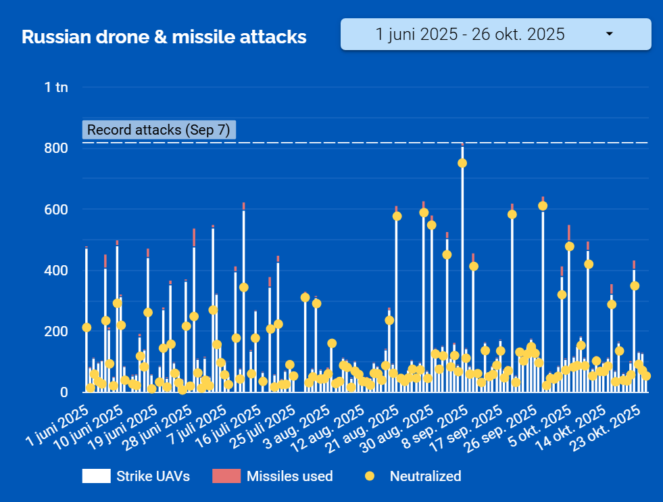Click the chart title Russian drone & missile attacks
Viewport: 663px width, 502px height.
point(164,37)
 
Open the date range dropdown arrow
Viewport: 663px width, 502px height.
point(609,34)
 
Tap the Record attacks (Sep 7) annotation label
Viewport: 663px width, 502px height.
point(159,130)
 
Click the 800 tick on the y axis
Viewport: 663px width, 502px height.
point(55,148)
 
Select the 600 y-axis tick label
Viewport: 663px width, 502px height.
point(55,210)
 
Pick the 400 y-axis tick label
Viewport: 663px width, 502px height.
point(55,271)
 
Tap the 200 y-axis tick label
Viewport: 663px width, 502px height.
point(55,332)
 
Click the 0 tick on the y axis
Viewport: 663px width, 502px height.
point(64,392)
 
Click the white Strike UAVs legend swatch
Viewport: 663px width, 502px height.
point(96,476)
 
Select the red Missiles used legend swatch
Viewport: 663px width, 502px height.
point(226,476)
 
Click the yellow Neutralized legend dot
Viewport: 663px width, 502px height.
point(369,476)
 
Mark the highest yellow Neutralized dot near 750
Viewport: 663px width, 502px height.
point(462,163)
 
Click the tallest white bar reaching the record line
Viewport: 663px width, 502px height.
point(462,271)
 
